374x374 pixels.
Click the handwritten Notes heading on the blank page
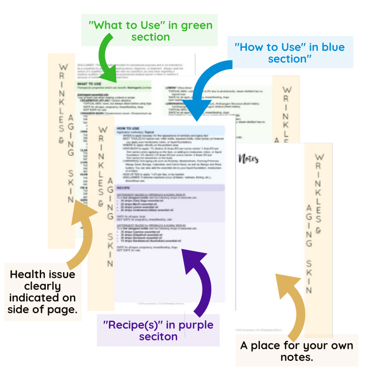pyautogui.click(x=249, y=159)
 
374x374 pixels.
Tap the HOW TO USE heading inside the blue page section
pyautogui.click(x=128, y=128)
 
